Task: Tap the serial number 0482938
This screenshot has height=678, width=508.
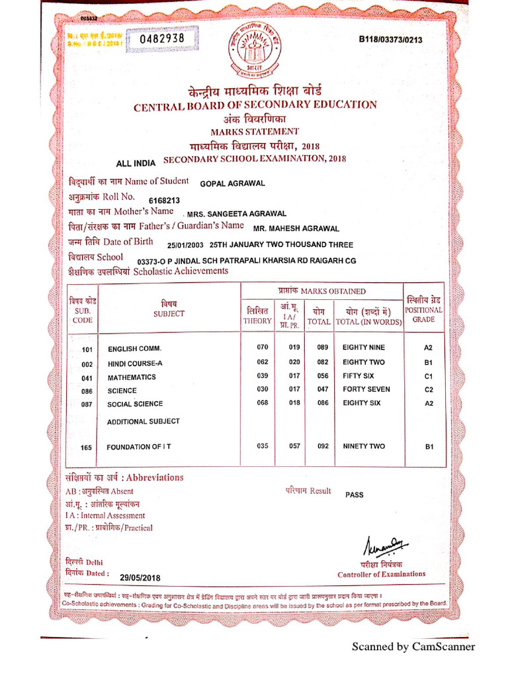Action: tap(166, 39)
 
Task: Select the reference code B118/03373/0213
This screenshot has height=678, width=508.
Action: tap(390, 40)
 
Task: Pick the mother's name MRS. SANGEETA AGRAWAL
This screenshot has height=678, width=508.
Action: tap(237, 214)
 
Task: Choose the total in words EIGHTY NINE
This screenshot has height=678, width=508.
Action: tap(363, 348)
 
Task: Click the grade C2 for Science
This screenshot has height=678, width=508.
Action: tap(429, 389)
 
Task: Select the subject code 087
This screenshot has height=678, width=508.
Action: tap(87, 405)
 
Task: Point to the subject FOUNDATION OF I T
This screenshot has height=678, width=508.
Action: tap(139, 447)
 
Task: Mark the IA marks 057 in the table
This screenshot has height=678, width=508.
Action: tap(294, 446)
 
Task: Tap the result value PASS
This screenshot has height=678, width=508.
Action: tap(355, 495)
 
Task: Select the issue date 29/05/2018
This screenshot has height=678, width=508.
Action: tap(140, 577)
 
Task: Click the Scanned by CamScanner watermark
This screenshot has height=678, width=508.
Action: tap(413, 647)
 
